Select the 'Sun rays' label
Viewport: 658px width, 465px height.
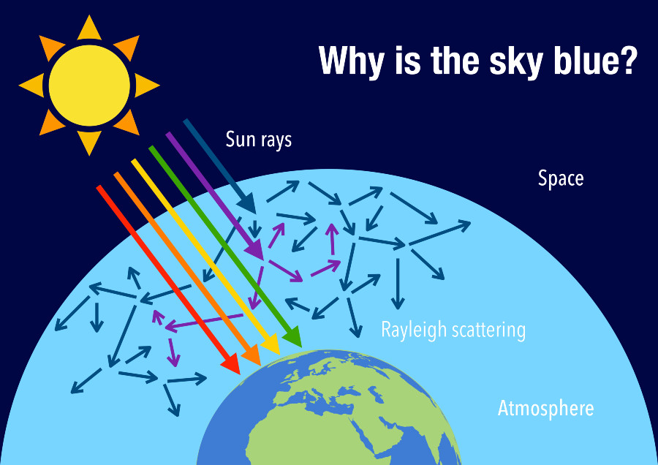(259, 139)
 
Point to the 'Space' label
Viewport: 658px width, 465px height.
(561, 178)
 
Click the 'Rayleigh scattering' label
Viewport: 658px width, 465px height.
(453, 330)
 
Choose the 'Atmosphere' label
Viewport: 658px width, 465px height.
(545, 408)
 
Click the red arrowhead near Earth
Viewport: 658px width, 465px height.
(230, 362)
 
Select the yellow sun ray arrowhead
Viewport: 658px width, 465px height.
(270, 343)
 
